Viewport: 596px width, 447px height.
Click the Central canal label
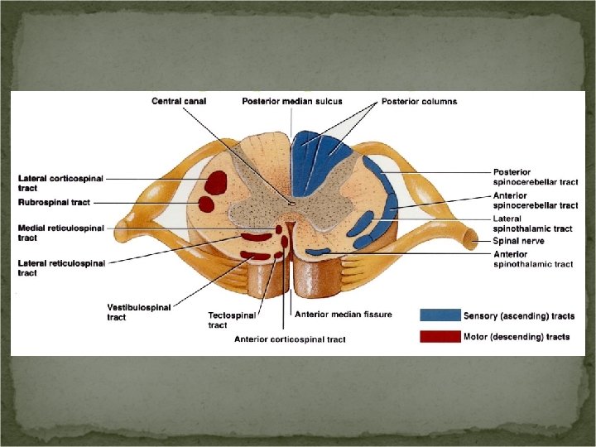[179, 102]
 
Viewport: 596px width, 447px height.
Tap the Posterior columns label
[419, 102]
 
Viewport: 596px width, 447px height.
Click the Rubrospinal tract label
[54, 202]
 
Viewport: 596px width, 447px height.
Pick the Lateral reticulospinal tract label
[61, 268]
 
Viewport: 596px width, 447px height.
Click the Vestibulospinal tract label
[138, 311]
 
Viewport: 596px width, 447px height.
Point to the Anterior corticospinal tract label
[290, 339]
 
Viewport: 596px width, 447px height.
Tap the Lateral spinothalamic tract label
[532, 223]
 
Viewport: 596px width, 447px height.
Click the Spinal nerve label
[519, 241]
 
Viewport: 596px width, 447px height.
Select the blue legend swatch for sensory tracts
[440, 315]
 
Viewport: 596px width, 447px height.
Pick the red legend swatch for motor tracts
[440, 336]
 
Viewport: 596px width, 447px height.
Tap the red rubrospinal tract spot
[206, 203]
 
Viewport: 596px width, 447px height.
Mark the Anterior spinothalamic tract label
[532, 259]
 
